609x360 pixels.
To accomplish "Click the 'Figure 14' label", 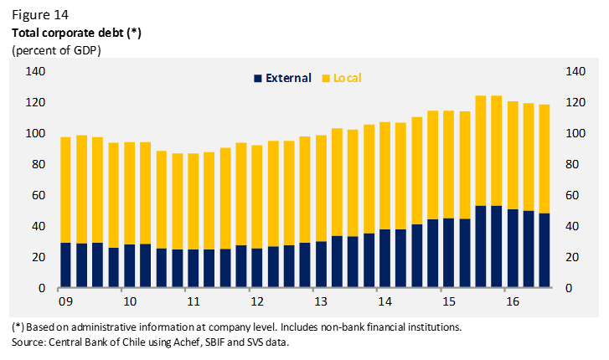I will click(x=39, y=15).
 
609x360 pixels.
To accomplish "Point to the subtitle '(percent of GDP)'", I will click(x=54, y=50).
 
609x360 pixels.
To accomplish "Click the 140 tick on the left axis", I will click(x=34, y=72).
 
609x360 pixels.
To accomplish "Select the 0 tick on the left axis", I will click(x=42, y=289).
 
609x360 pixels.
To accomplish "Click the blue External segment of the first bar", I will click(x=65, y=265).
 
